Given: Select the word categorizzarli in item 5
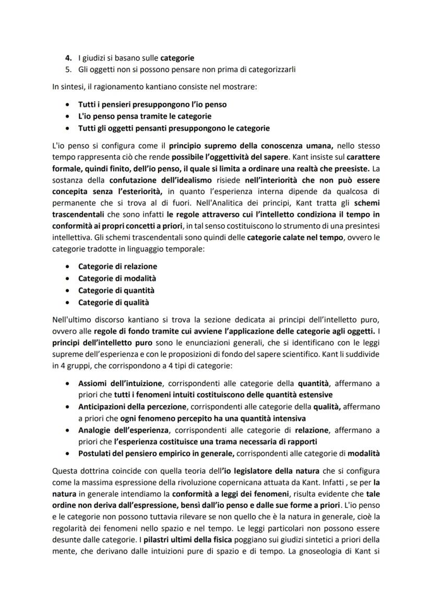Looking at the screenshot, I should (272, 69).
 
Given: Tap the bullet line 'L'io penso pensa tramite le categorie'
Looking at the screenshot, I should (145, 116).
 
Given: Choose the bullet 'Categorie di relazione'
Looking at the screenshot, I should (117, 267).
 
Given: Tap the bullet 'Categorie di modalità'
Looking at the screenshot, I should (117, 279).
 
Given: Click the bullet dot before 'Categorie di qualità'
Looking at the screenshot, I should (68, 303).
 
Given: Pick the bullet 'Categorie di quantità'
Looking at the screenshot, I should (116, 291).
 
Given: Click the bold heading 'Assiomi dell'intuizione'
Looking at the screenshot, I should (121, 384).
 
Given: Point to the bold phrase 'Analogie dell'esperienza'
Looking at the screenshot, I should (123, 430).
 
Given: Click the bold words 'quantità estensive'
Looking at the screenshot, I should (297, 395).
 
